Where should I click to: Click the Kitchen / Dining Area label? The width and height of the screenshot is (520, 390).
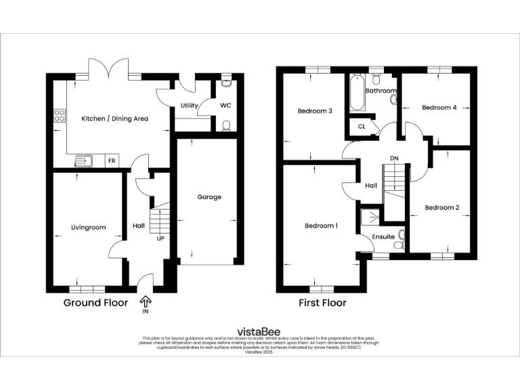(114, 118)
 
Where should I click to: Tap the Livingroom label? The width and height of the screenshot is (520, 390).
(88, 227)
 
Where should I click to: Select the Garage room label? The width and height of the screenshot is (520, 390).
(209, 197)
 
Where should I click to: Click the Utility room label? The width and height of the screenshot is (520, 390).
(189, 106)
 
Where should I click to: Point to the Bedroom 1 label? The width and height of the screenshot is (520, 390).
(321, 225)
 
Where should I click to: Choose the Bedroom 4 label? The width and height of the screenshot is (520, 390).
(439, 108)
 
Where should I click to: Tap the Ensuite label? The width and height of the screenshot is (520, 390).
(383, 236)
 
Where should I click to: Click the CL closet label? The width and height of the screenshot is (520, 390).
(362, 126)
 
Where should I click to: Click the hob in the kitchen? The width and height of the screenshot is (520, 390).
(60, 115)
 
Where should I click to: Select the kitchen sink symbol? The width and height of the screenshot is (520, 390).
(85, 160)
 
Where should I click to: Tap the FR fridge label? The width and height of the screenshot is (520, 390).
(111, 162)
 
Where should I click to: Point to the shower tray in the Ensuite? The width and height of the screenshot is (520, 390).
(370, 216)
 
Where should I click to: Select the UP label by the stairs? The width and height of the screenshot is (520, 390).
(162, 239)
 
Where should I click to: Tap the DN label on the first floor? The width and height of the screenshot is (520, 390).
(393, 159)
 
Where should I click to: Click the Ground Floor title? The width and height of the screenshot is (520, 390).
(95, 303)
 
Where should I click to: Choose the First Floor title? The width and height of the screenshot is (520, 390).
(322, 303)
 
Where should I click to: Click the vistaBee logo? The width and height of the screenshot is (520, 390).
(260, 332)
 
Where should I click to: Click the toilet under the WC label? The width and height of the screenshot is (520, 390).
(226, 125)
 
